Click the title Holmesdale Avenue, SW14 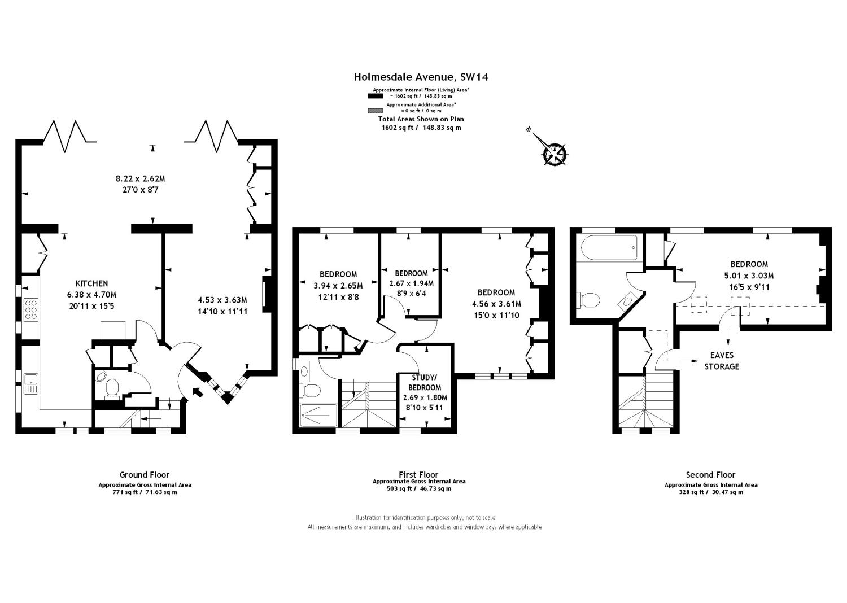421,77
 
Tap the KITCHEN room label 91,283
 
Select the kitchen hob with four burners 30,309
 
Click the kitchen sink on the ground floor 30,384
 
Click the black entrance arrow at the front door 198,391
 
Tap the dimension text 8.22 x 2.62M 140,178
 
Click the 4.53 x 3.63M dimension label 222,300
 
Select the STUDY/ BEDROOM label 425,382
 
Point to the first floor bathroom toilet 311,389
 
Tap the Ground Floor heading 145,475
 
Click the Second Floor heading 710,475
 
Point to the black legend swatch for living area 376,96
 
